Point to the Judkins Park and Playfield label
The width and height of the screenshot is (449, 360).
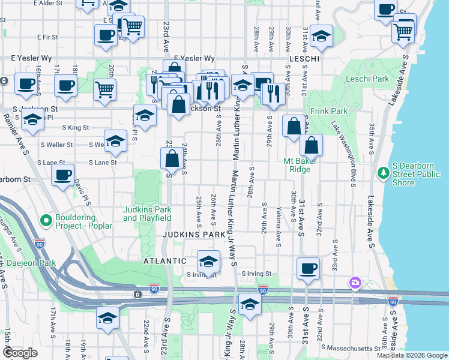(x=147, y=214)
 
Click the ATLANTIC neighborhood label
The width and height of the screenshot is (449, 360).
(x=164, y=261)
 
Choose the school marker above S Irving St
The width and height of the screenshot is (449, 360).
(x=208, y=261)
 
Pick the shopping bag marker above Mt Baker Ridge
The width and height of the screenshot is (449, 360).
(x=312, y=145)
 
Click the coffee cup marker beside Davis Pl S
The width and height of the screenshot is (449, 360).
(x=62, y=175)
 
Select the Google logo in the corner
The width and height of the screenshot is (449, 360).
(x=20, y=353)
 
